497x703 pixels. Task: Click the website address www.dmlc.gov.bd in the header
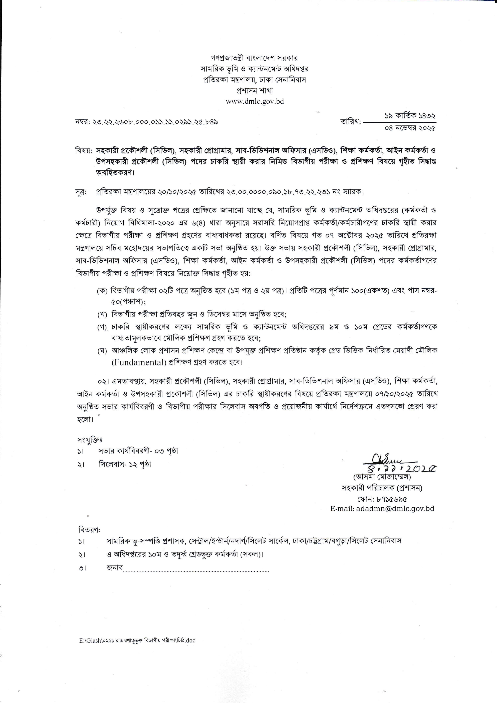(255, 101)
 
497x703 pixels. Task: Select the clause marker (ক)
(102, 291)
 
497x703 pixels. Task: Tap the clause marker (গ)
(102, 327)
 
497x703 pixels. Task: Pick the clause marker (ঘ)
(102, 351)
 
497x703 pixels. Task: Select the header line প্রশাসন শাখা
(255, 91)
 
